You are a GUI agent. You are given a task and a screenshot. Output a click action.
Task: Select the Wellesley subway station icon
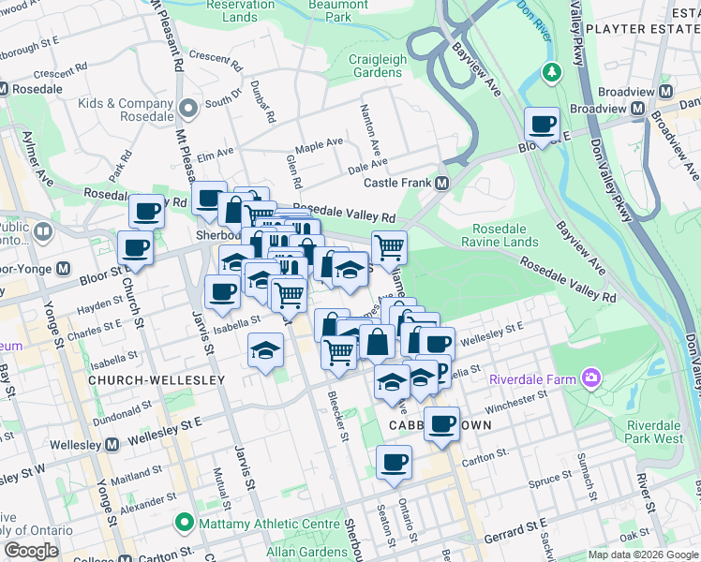pyautogui.click(x=112, y=444)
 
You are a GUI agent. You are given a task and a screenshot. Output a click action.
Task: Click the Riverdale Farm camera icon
pyautogui.click(x=591, y=378)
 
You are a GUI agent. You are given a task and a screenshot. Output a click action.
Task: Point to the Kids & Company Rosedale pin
pyautogui.click(x=190, y=110)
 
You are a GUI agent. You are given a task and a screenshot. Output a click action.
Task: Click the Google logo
pyautogui.click(x=31, y=551)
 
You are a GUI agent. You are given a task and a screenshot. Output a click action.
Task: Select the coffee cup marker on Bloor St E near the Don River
pyautogui.click(x=541, y=123)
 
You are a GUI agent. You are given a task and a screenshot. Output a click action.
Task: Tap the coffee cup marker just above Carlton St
pyautogui.click(x=394, y=461)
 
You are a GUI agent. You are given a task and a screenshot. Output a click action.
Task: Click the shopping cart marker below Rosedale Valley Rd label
pyautogui.click(x=388, y=248)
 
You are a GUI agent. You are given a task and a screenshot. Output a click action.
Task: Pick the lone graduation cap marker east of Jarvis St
pyautogui.click(x=265, y=350)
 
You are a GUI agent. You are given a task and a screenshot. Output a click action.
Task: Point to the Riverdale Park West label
pyautogui.click(x=654, y=431)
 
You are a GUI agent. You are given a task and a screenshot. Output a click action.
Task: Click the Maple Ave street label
pyautogui.click(x=319, y=146)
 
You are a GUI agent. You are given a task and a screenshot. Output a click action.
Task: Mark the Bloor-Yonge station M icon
pyautogui.click(x=64, y=268)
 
